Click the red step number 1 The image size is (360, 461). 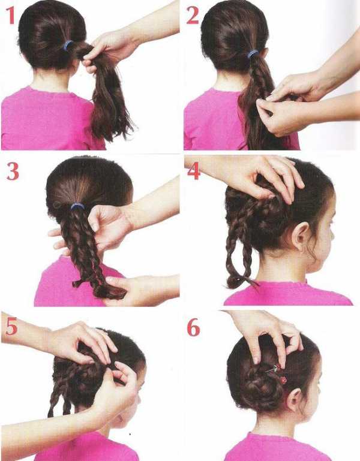pyautogui.click(x=11, y=15)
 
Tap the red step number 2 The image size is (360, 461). pyautogui.click(x=193, y=15)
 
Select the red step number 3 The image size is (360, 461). pyautogui.click(x=13, y=171)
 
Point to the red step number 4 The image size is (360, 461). pyautogui.click(x=193, y=170)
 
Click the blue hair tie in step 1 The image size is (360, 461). pyautogui.click(x=68, y=46)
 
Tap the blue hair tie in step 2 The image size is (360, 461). pyautogui.click(x=253, y=54)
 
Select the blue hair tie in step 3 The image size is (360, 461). pyautogui.click(x=78, y=206)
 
